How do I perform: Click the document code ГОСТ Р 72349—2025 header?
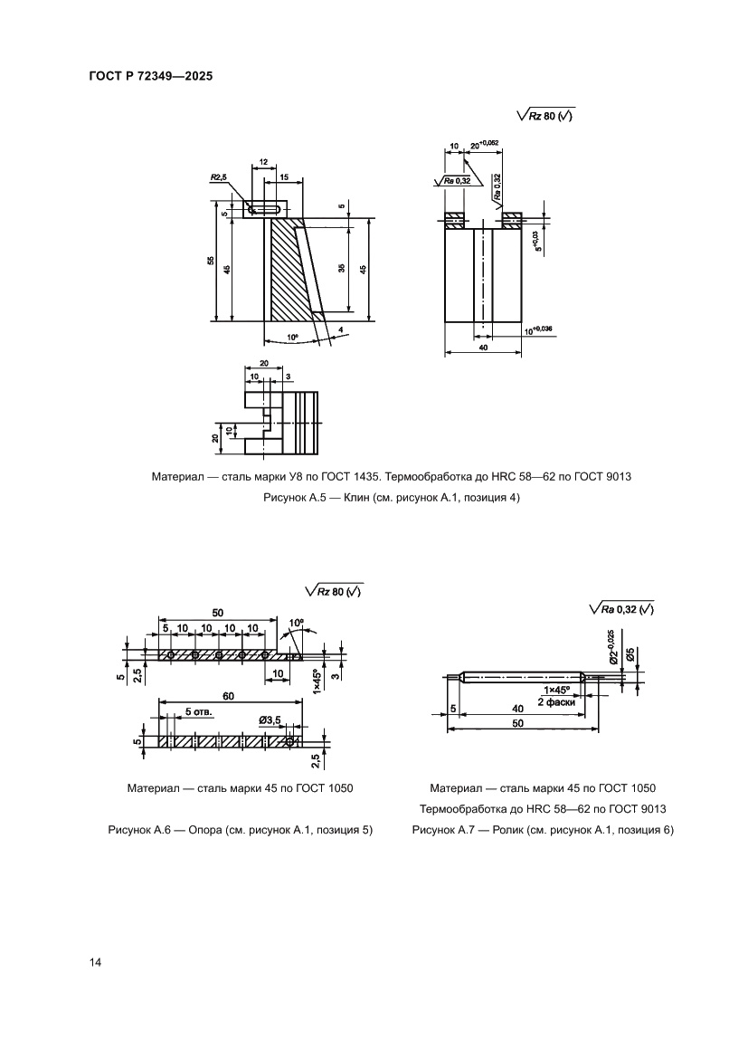tap(150, 78)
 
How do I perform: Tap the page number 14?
tap(95, 961)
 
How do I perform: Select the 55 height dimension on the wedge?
tap(210, 261)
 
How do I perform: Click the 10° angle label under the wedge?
tap(291, 337)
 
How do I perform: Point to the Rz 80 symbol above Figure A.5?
tap(546, 116)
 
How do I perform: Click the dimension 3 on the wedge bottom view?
tap(288, 375)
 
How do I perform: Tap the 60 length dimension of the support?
tap(230, 695)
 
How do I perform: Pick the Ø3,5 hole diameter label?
tap(270, 720)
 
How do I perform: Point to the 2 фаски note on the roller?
tap(554, 701)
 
